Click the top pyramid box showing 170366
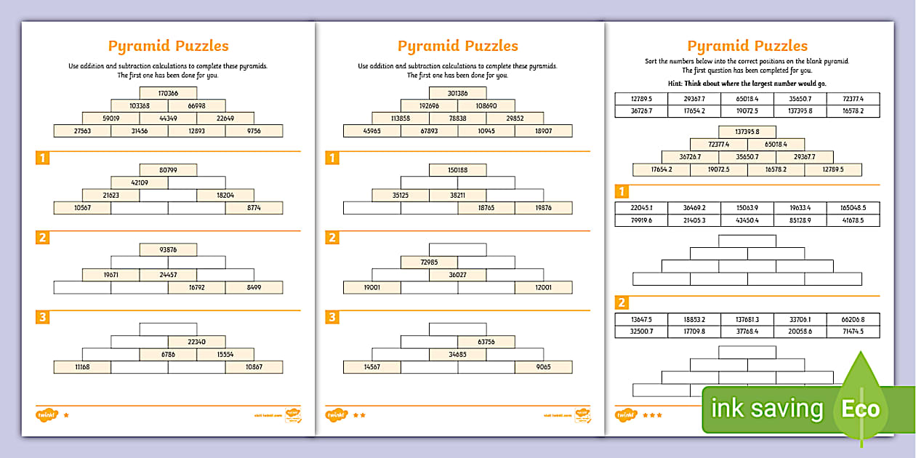168,93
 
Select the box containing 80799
168,170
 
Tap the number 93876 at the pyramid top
168,249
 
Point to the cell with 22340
196,342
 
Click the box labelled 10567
82,208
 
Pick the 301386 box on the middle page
457,93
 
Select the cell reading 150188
457,170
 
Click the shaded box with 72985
429,262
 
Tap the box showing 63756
486,342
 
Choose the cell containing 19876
543,208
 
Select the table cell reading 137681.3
747,319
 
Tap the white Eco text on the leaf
861,409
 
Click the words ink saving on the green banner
767,409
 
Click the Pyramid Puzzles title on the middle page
457,46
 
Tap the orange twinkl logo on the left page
46,415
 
